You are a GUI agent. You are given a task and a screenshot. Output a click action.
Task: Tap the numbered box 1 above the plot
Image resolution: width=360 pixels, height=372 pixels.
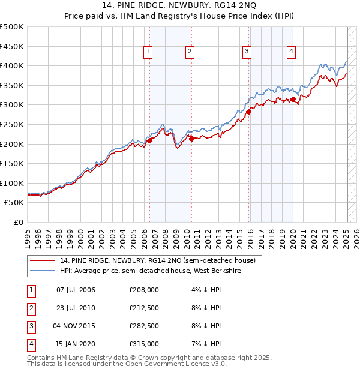pos(148,52)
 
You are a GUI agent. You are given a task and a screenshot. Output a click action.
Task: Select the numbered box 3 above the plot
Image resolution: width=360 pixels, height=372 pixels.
pos(247,52)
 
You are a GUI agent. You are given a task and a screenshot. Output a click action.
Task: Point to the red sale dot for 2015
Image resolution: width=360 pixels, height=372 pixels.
pos(248,111)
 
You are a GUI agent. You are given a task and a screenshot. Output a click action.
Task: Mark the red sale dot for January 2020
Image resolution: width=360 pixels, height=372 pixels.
pos(293,99)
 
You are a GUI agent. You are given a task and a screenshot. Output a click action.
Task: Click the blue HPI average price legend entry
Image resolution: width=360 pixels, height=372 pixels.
pos(158,271)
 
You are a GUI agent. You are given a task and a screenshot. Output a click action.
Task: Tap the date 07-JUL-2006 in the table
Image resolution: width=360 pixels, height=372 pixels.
pos(76,290)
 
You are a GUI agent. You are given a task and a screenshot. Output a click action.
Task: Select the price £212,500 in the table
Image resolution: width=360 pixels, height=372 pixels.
pos(143,308)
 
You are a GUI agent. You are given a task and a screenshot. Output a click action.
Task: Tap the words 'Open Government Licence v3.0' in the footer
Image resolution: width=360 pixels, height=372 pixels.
pos(177,364)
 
